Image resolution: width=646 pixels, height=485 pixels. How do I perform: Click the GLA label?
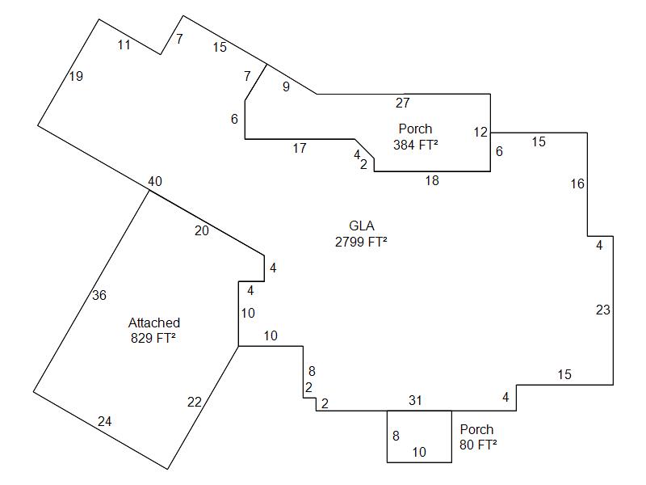(361, 226)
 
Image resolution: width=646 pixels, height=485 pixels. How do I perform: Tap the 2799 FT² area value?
(361, 242)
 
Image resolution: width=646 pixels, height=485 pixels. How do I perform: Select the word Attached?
(154, 323)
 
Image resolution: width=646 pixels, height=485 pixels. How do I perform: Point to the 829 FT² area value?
(153, 338)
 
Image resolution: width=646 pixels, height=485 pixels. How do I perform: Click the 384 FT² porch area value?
(415, 145)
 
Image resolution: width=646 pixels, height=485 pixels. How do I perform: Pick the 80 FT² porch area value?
(476, 445)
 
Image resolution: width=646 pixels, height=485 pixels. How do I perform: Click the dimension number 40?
(154, 182)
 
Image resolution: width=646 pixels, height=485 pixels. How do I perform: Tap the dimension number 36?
(99, 295)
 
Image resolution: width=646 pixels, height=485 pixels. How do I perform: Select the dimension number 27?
(403, 103)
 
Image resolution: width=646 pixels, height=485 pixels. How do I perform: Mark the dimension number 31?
(415, 400)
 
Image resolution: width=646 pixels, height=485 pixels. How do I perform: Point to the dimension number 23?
(602, 310)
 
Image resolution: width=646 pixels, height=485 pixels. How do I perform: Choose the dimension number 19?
(76, 77)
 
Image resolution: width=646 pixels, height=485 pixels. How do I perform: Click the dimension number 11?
(124, 45)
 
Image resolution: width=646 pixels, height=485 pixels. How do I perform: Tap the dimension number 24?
(105, 421)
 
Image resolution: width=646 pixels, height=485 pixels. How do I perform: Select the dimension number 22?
(195, 403)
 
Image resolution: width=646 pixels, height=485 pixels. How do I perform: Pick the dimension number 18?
(432, 180)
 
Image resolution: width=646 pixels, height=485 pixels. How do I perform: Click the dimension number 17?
(300, 148)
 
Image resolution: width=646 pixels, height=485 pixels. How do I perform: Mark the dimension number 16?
(577, 184)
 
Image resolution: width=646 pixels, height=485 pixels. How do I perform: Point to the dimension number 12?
(480, 132)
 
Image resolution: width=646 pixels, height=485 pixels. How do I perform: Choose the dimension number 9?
(286, 86)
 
